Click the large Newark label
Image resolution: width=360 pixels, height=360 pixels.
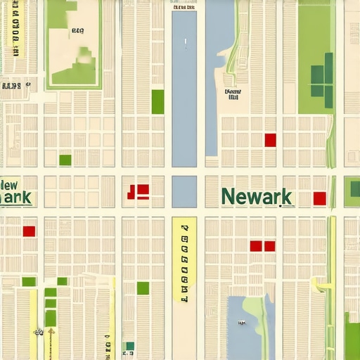point(256,196)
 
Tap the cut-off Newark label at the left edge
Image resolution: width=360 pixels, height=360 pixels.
point(15,192)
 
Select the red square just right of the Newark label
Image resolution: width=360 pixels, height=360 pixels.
point(319,198)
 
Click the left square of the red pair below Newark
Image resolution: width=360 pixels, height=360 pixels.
point(256,246)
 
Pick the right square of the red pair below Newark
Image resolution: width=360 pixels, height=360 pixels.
point(269,246)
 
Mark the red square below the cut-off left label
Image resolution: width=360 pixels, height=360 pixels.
point(29,231)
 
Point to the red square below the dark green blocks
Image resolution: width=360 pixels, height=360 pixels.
point(270,140)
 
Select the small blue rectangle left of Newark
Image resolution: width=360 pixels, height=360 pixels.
point(184,191)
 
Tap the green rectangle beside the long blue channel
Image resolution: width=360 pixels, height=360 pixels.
point(157,102)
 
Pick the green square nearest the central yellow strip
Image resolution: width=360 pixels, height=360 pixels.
point(143,288)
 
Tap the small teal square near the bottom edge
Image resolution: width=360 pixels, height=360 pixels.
point(129,346)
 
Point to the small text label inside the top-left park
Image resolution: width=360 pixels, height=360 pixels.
point(77,31)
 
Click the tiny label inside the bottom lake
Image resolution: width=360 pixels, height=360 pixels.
point(241,323)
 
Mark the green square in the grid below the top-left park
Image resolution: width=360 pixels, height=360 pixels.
point(65,160)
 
